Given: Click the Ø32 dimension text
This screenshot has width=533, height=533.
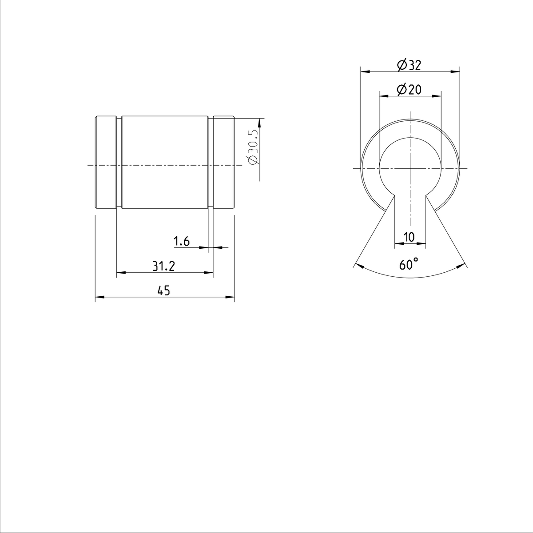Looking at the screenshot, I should click(x=409, y=65).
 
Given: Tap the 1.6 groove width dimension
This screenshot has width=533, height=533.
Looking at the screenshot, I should click(x=182, y=241).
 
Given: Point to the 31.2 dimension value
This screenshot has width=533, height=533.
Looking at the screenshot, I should click(x=163, y=266).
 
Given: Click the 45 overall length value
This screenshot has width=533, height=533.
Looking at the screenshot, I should click(x=164, y=291).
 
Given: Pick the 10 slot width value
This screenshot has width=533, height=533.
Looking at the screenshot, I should click(x=410, y=237).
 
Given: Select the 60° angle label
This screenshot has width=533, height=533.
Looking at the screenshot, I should click(x=409, y=264).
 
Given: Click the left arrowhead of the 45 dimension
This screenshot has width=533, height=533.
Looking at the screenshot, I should click(x=99, y=297).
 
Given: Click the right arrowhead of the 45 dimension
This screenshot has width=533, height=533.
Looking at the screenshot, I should click(x=231, y=297).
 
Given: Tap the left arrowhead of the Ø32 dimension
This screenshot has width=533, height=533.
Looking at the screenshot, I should click(x=364, y=71).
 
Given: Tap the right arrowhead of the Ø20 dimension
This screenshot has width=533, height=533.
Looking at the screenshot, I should click(x=438, y=95).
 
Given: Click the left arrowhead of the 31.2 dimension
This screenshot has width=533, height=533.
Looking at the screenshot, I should click(x=120, y=272).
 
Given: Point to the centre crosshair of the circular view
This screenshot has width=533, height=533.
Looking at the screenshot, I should click(x=410, y=168).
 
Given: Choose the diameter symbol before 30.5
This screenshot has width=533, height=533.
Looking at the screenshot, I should click(x=253, y=160).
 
